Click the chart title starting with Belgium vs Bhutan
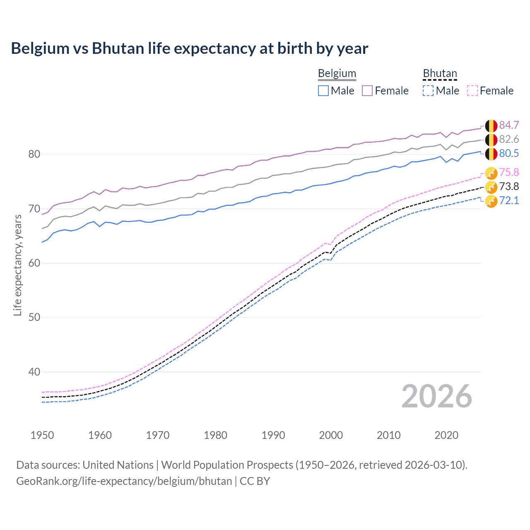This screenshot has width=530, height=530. tap(189, 48)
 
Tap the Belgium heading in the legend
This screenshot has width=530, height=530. tap(337, 73)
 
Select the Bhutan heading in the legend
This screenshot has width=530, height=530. tap(440, 73)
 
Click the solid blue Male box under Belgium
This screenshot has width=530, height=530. tap(323, 91)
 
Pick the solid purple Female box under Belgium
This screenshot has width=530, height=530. tap(367, 91)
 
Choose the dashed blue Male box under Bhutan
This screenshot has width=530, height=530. tap(428, 91)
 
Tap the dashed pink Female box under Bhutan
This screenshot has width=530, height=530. tap(472, 91)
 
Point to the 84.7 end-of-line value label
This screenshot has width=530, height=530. tap(509, 125)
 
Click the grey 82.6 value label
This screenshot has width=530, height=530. tap(509, 139)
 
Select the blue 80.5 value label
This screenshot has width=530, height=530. tap(509, 153)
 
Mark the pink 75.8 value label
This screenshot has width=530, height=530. tap(509, 172)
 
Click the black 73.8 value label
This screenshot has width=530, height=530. tap(509, 186)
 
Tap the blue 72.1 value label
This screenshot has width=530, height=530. tap(509, 200)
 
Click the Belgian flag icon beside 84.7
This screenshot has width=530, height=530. tap(491, 125)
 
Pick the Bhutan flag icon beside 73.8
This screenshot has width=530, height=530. tap(491, 187)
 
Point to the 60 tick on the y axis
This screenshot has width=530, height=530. tap(34, 263)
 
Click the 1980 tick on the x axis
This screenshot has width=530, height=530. tap(215, 435)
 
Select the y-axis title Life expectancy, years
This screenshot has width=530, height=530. tap(17, 265)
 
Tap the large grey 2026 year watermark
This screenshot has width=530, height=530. tap(436, 396)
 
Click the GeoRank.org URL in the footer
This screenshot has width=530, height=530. tap(124, 481)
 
